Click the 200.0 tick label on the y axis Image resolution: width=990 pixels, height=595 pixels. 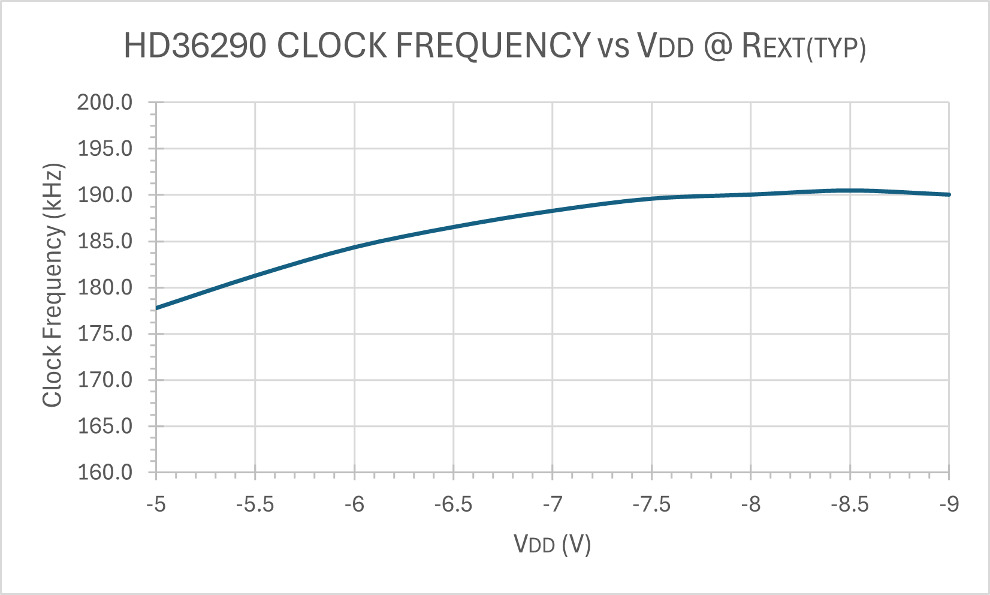105,103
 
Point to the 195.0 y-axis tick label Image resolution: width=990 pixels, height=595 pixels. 105,149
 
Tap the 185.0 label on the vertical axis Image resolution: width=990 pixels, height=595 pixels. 105,242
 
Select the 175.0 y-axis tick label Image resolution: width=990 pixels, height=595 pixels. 105,334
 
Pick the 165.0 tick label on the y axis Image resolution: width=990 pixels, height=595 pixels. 105,426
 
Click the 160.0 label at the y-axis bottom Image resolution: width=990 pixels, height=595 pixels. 105,473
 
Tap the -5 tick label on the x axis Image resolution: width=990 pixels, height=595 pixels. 156,505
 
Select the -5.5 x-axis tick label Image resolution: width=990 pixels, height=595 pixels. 255,505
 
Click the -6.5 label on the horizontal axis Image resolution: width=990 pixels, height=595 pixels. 453,505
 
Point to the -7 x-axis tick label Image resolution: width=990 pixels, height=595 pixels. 553,505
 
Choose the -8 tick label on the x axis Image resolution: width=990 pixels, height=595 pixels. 750,505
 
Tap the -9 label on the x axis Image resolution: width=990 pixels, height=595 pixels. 949,505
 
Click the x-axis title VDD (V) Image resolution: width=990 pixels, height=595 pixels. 552,545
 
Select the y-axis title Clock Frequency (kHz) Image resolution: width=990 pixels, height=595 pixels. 53,286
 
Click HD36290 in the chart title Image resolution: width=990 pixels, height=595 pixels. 195,46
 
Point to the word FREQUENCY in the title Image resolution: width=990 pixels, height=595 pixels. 494,46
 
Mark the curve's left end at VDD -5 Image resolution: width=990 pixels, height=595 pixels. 156,308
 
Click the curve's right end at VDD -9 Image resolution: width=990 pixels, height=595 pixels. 949,194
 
